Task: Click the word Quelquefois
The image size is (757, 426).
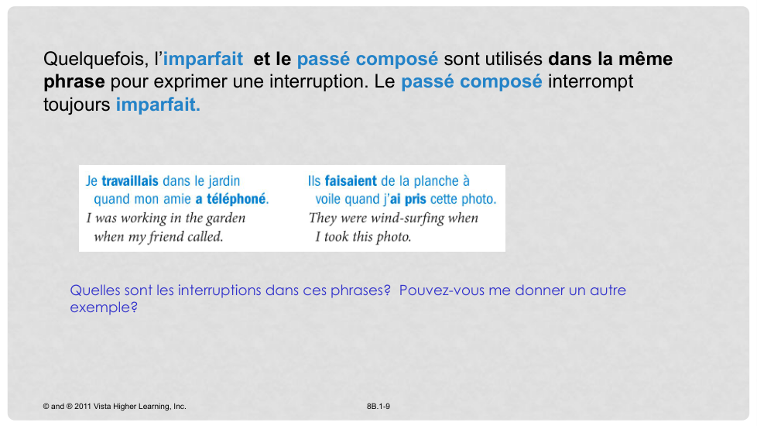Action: pos(95,60)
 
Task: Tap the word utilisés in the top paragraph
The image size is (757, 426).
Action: pos(513,59)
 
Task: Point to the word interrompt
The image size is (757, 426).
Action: pos(590,81)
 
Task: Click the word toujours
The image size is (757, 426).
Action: pos(77,105)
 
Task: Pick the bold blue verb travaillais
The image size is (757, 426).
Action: pos(130,181)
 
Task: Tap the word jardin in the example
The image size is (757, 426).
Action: pos(224,181)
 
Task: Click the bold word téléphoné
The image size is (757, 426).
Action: pos(237,199)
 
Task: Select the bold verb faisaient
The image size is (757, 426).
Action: pos(351,181)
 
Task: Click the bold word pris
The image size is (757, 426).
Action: pos(415,200)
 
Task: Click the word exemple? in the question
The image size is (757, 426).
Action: pos(104,307)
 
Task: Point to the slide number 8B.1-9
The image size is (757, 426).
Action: pos(378,407)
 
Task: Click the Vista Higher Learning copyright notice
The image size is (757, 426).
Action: pos(115,407)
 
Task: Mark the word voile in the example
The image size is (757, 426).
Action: pos(331,199)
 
